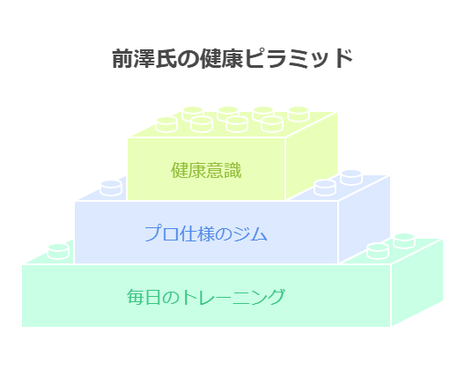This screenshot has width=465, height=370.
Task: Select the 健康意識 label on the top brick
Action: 206,170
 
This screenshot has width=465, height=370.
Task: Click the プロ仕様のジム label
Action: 206,233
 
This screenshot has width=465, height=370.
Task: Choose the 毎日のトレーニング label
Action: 206,297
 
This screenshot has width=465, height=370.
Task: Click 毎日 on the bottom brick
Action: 144,297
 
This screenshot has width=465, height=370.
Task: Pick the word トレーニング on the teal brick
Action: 232,297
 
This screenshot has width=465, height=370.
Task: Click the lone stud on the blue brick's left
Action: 111,189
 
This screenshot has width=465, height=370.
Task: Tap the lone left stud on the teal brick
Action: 58,252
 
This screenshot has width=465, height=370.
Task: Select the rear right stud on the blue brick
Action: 351,177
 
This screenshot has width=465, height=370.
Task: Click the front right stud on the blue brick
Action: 325,188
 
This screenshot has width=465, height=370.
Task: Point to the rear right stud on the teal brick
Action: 404,240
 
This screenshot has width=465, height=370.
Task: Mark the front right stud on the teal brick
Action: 378,251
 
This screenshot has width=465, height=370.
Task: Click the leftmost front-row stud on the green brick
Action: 166,124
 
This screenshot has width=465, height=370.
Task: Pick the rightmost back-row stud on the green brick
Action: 299,114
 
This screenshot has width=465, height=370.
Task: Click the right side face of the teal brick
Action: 417,282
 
